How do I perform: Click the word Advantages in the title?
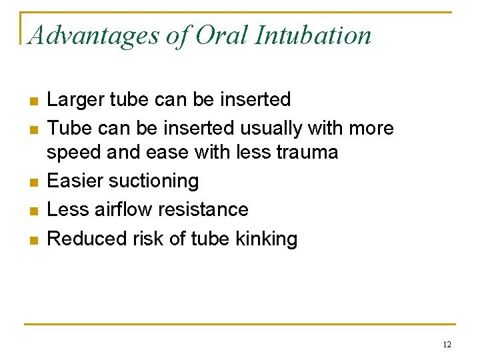(x=94, y=35)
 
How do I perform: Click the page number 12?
(x=446, y=345)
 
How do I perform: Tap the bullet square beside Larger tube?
(x=33, y=101)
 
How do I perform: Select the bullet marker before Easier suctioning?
(x=33, y=182)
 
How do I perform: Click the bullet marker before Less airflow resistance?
(x=33, y=211)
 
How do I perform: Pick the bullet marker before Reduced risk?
(x=33, y=239)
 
